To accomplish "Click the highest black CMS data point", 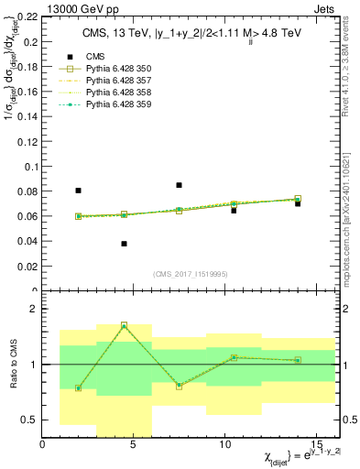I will click(x=179, y=185).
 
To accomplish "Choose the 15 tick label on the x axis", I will click(x=316, y=444).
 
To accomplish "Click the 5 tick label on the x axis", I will click(x=133, y=444).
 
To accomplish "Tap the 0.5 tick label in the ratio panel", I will click(x=29, y=420).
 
